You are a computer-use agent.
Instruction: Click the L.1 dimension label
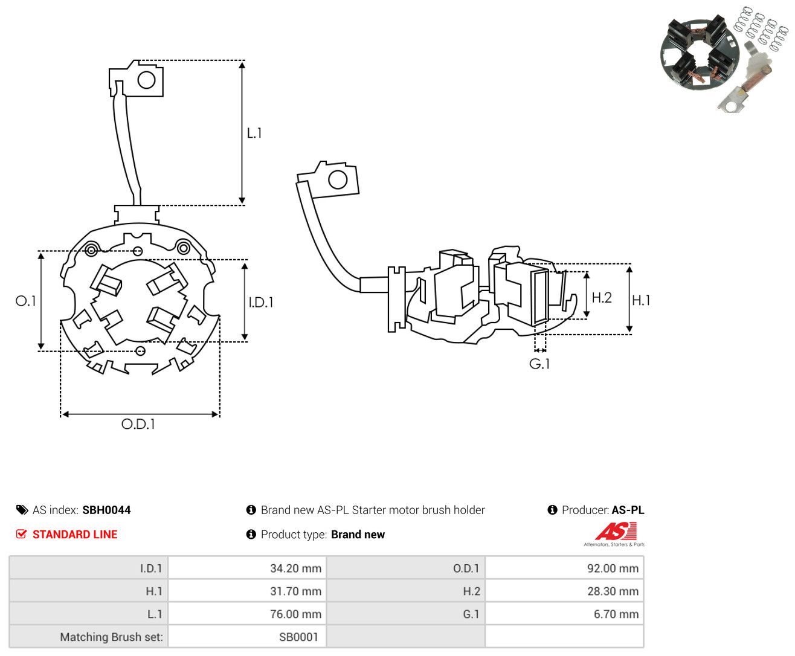tap(254, 133)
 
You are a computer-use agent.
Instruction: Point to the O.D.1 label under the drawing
tap(138, 424)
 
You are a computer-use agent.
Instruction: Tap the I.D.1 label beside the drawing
tap(261, 302)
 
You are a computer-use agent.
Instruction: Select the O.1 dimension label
tap(25, 301)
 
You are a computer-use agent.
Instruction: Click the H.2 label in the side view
tap(602, 297)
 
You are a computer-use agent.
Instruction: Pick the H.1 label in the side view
tap(641, 300)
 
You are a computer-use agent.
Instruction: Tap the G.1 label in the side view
tap(539, 364)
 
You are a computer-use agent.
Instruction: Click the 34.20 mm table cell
tap(295, 568)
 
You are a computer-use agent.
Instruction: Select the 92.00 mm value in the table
tap(613, 568)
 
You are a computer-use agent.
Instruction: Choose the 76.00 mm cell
tap(295, 614)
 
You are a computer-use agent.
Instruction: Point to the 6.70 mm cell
tap(616, 614)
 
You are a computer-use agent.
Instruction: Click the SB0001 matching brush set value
tap(298, 637)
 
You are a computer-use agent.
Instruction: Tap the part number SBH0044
tap(106, 510)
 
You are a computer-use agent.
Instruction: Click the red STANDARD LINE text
tap(75, 534)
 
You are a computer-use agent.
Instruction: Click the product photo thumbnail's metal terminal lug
tap(730, 101)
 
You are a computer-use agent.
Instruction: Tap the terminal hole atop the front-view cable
tap(146, 80)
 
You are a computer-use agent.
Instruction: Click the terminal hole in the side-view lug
tap(338, 179)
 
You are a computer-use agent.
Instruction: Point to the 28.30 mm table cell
tap(613, 591)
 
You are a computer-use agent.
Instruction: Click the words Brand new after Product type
tap(358, 534)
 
